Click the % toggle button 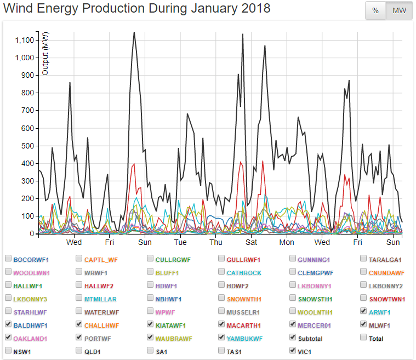click(x=375, y=11)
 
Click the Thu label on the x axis click(x=216, y=242)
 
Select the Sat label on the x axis click(x=252, y=242)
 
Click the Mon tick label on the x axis click(x=287, y=242)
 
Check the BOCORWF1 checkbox click(x=8, y=258)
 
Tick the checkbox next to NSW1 click(x=8, y=350)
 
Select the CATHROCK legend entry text click(x=244, y=272)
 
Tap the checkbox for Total click(x=364, y=337)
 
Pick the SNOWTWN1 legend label click(x=387, y=299)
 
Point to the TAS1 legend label click(x=235, y=351)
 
